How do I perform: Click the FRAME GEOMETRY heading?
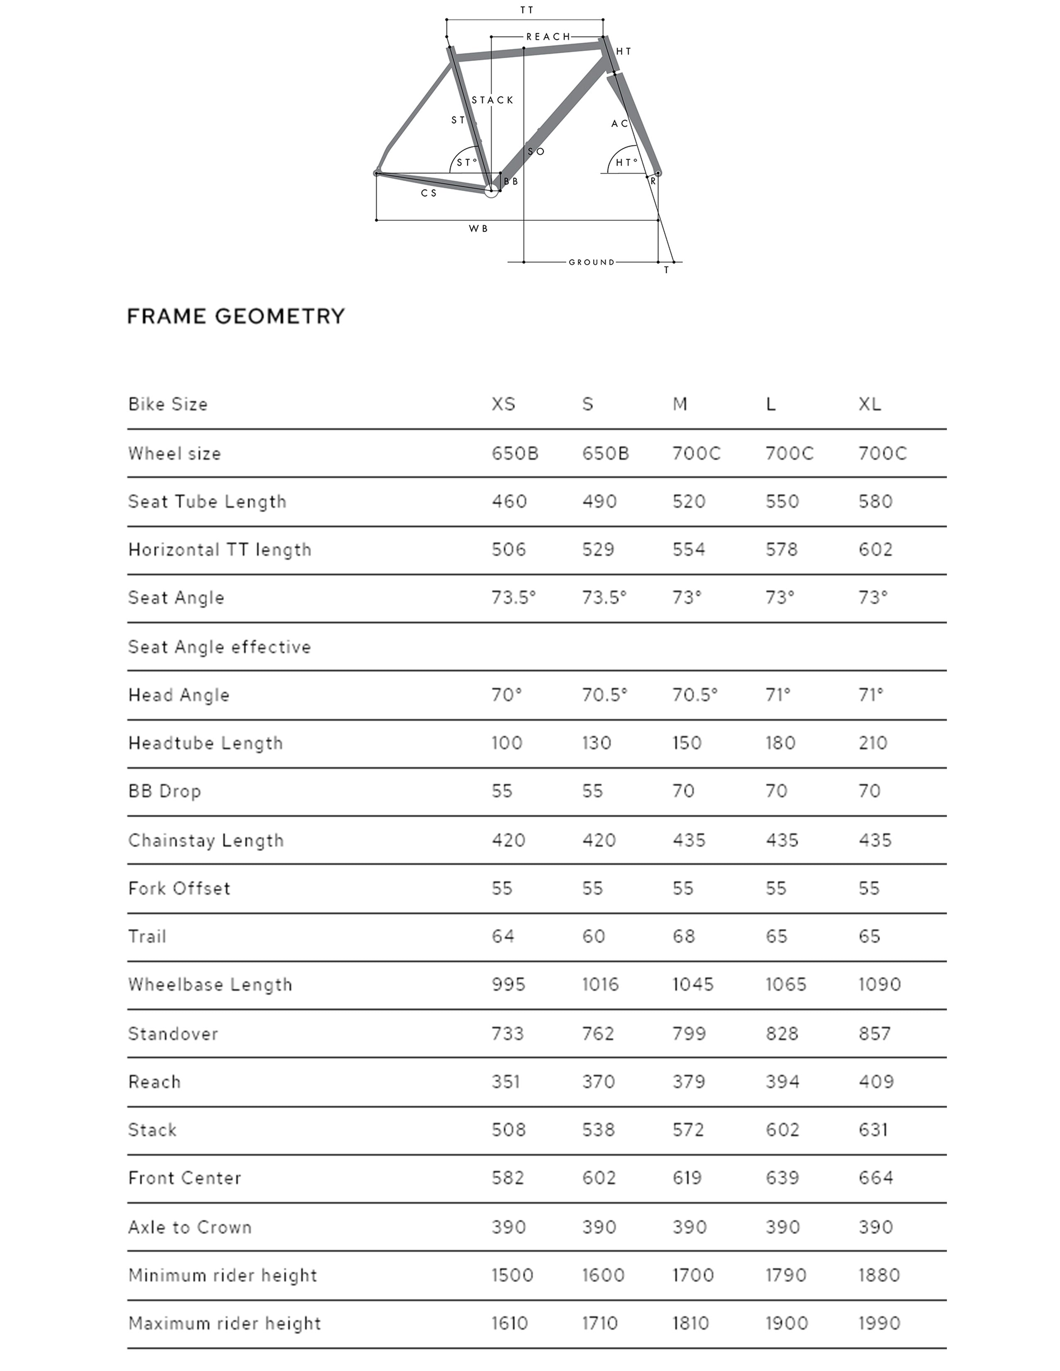click(236, 316)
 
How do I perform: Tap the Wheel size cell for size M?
click(696, 453)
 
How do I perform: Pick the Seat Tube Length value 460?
click(509, 501)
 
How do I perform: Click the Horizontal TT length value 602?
click(875, 550)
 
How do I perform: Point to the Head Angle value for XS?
click(507, 695)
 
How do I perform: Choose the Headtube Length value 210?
click(873, 743)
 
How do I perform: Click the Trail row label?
click(148, 936)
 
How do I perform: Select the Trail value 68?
click(684, 936)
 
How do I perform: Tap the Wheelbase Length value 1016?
click(600, 984)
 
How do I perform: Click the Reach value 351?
click(505, 1081)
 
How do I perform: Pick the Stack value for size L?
click(782, 1130)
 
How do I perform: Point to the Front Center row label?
click(185, 1178)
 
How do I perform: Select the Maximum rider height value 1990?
click(879, 1323)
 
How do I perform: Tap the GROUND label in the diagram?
click(592, 263)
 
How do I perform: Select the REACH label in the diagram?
click(548, 37)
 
